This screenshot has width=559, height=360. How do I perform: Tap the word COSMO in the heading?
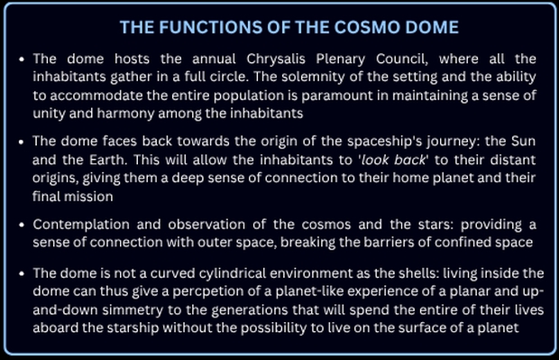pos(367,27)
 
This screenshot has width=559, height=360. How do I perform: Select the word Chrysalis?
pos(276,60)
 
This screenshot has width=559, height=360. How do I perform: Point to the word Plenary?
pos(341,60)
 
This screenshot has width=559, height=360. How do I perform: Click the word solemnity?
pos(313,77)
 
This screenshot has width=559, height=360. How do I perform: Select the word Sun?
pos(523,142)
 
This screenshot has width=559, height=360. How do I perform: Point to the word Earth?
pos(107,160)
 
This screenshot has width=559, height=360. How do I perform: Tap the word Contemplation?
pos(81,226)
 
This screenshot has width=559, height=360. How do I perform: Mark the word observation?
pos(206,225)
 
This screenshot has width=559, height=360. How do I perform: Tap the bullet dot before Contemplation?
pos(22,226)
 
